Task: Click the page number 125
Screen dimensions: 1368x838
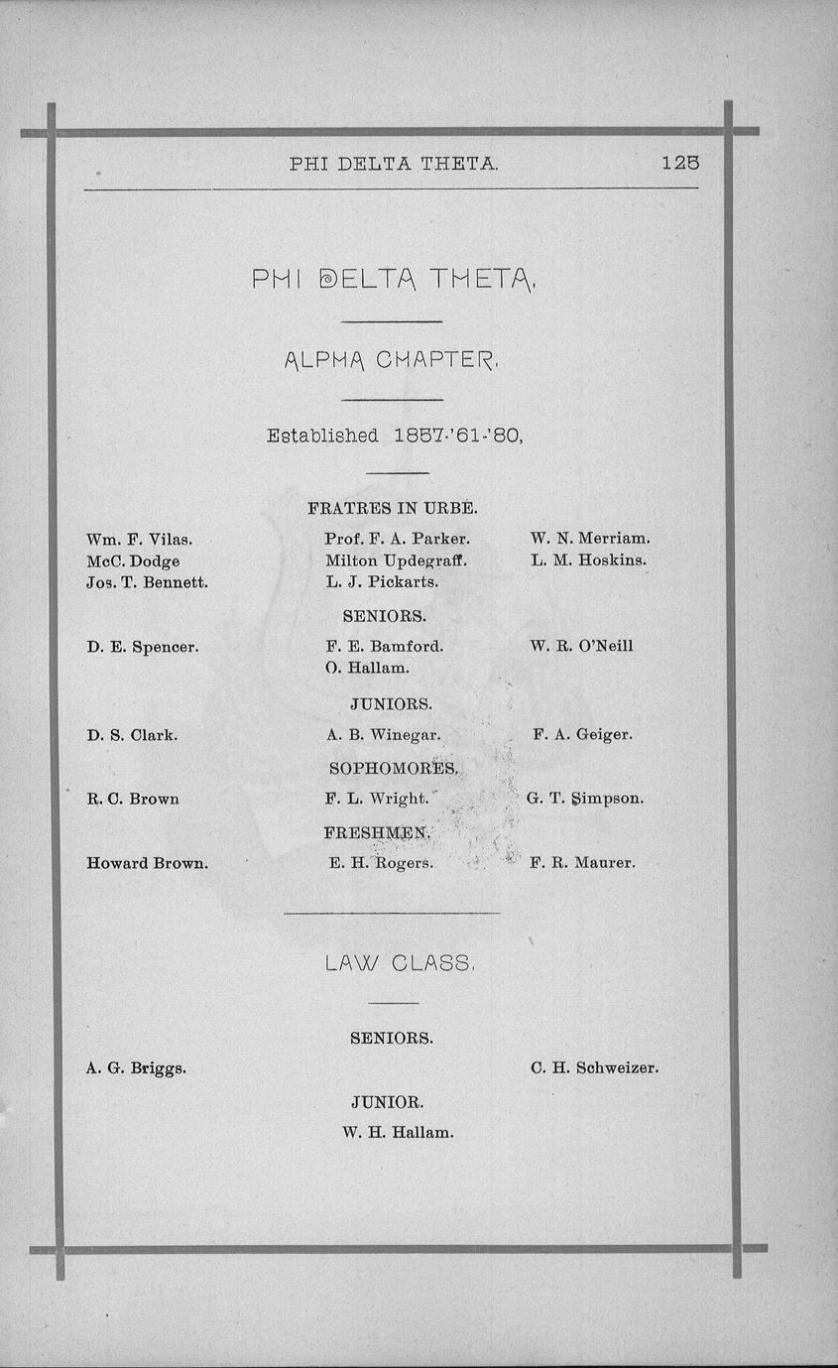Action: (x=680, y=164)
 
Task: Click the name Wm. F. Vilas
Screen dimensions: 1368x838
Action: (x=139, y=539)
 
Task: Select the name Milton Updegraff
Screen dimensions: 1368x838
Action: (x=396, y=560)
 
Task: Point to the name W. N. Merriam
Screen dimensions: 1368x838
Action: (x=590, y=538)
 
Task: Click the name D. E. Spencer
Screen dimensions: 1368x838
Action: (x=142, y=647)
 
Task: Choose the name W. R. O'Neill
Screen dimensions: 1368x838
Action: (x=582, y=646)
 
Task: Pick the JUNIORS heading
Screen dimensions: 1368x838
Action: (x=391, y=704)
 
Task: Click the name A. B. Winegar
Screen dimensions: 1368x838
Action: (x=383, y=735)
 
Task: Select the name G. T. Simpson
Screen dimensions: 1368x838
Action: (x=585, y=798)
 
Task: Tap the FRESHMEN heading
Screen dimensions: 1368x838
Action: (x=376, y=832)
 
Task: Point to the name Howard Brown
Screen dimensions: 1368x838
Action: (x=147, y=863)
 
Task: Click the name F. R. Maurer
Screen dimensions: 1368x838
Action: (x=582, y=863)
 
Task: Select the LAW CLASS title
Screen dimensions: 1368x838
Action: (x=400, y=963)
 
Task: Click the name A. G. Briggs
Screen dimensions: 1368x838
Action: (x=136, y=1068)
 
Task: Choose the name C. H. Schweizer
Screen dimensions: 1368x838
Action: (x=594, y=1068)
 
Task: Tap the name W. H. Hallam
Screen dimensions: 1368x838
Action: (x=397, y=1132)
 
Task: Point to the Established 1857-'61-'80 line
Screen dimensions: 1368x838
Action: (x=394, y=435)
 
